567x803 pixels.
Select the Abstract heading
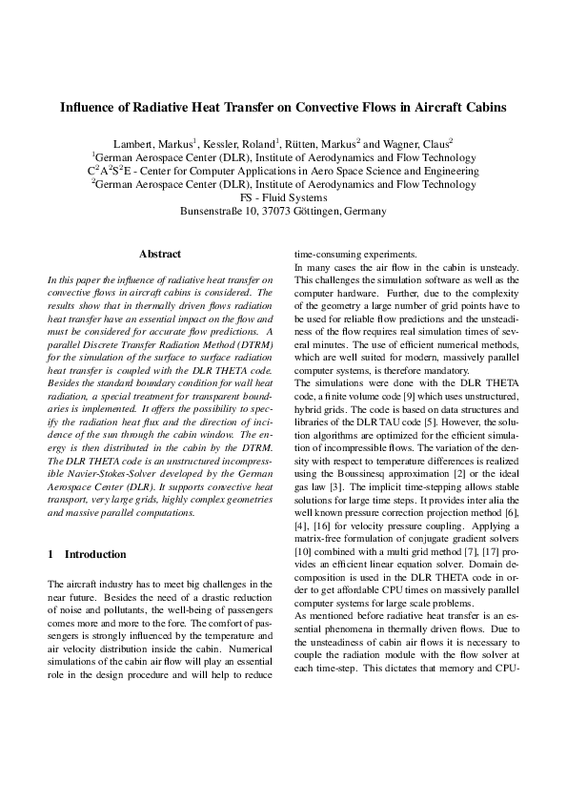[x=160, y=255]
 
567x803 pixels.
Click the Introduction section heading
[x=94, y=554]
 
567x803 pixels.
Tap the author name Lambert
[x=133, y=143]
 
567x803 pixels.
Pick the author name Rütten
[x=297, y=143]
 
